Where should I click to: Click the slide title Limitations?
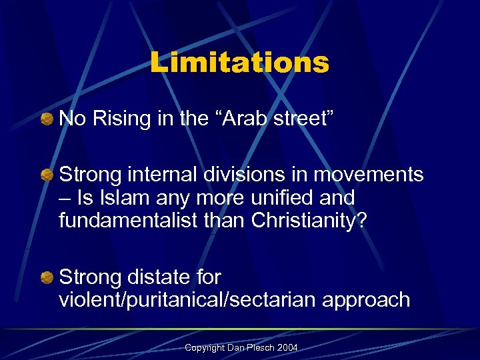tap(239, 63)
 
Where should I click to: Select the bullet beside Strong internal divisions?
tap(47, 175)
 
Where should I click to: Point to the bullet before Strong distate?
tap(47, 277)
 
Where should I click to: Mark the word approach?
tap(366, 299)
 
